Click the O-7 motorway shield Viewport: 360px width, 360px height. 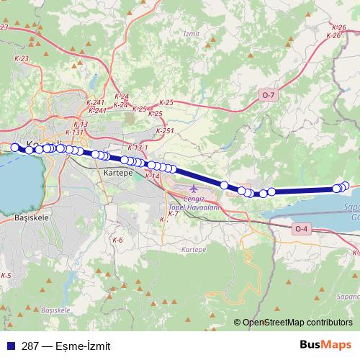pos(269,95)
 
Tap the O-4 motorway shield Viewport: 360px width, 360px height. pos(302,229)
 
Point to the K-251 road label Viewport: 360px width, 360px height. pos(165,130)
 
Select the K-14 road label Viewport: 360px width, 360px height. pos(152,176)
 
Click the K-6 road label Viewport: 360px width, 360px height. pos(117,239)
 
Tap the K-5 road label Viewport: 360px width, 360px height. pos(6,276)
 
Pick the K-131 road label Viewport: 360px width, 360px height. pos(75,132)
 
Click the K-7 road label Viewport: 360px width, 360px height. pos(173,214)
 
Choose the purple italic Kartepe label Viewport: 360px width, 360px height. pos(194,249)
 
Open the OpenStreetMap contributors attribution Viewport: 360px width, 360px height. pos(297,323)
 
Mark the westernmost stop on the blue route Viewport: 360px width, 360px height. pos(14,147)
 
